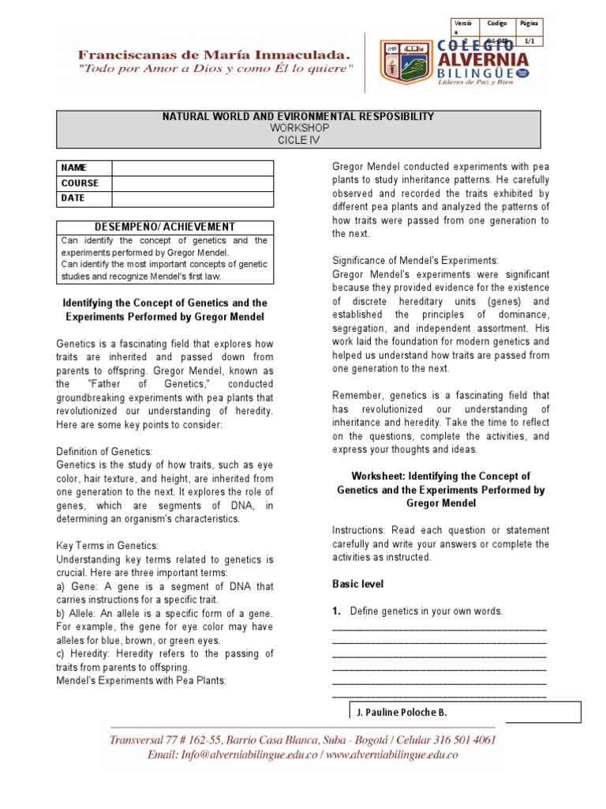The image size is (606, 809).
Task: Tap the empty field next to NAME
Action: tap(193, 167)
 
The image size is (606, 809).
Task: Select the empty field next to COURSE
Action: tap(193, 182)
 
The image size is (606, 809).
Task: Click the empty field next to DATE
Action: tap(193, 198)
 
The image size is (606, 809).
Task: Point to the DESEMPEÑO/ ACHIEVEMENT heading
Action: tap(165, 227)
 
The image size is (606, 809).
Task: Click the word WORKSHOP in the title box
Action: tap(297, 128)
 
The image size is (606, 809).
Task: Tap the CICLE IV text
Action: tap(297, 140)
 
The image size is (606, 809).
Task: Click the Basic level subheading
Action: tap(357, 584)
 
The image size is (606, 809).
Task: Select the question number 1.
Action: tap(336, 611)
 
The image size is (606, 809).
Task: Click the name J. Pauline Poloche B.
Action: tap(402, 712)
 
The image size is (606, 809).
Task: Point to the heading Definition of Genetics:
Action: tap(103, 451)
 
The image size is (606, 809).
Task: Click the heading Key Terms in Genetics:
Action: tap(107, 546)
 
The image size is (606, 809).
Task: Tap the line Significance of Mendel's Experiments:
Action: tap(415, 260)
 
